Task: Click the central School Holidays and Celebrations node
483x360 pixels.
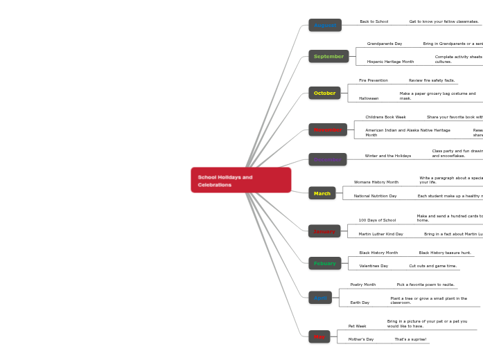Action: pyautogui.click(x=240, y=180)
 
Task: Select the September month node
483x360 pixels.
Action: pyautogui.click(x=328, y=56)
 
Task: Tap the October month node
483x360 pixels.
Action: pyautogui.click(x=324, y=93)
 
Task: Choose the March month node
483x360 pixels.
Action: pyautogui.click(x=322, y=193)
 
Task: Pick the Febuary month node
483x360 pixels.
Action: pyautogui.click(x=324, y=263)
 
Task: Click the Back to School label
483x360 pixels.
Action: pyautogui.click(x=374, y=21)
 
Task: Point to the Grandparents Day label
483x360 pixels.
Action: pyautogui.click(x=385, y=44)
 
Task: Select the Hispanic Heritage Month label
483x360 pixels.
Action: pyautogui.click(x=390, y=62)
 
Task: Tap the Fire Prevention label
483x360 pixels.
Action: pyautogui.click(x=373, y=80)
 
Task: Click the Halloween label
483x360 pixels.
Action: pyautogui.click(x=369, y=98)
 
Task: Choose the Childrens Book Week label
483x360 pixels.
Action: pyautogui.click(x=385, y=117)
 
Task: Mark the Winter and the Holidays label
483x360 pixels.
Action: pyautogui.click(x=387, y=156)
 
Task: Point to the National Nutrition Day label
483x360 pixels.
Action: pyautogui.click(x=375, y=196)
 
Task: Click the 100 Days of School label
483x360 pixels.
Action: pyautogui.click(x=377, y=220)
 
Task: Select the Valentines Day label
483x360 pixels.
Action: pyautogui.click(x=374, y=266)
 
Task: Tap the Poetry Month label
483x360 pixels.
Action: pyautogui.click(x=362, y=285)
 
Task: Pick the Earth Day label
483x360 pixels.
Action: pyautogui.click(x=360, y=303)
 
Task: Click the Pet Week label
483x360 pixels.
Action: pyautogui.click(x=357, y=326)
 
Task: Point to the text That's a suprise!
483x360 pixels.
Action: pyautogui.click(x=411, y=339)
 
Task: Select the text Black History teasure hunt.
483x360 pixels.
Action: pyautogui.click(x=444, y=253)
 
